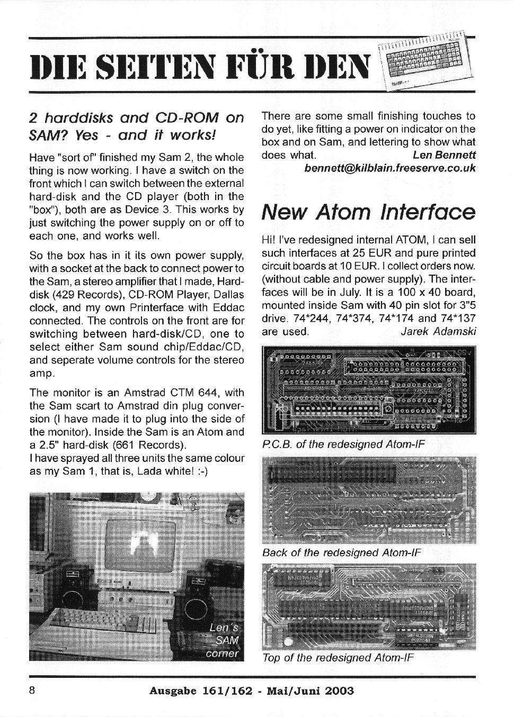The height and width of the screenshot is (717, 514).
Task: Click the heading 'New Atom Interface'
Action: (x=368, y=212)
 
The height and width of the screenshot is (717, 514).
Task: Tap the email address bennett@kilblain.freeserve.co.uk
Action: (x=390, y=168)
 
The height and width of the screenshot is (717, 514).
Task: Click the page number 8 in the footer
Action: (x=32, y=691)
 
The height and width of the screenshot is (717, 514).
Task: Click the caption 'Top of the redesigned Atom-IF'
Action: (x=338, y=658)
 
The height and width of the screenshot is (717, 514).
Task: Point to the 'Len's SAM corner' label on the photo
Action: (x=224, y=641)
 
